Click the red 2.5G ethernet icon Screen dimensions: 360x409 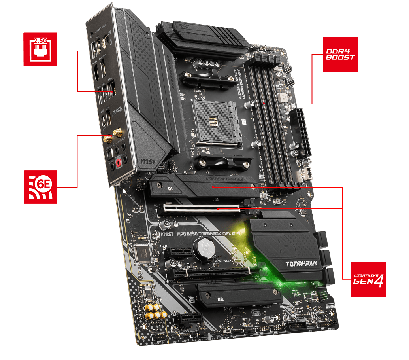pyautogui.click(x=40, y=49)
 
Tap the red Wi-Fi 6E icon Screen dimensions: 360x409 pyautogui.click(x=40, y=187)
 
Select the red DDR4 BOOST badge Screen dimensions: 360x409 pyautogui.click(x=340, y=54)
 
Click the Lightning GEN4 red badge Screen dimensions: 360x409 pyautogui.click(x=368, y=279)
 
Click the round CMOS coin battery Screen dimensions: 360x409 pyautogui.click(x=204, y=249)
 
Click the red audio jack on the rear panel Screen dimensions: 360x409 pyautogui.click(x=117, y=163)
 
